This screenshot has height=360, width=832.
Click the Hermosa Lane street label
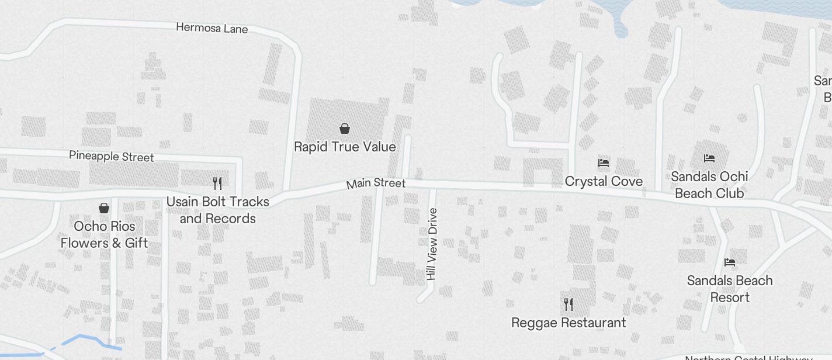click(x=212, y=28)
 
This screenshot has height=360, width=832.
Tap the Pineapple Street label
click(x=112, y=156)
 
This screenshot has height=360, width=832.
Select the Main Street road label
click(x=376, y=184)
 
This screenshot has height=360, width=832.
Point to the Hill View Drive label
click(x=432, y=244)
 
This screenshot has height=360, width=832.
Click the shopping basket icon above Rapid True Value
click(x=345, y=128)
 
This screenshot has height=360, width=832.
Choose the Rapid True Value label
click(x=345, y=147)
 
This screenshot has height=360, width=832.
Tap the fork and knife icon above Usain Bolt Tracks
click(x=217, y=184)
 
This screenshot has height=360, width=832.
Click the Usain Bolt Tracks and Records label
click(x=217, y=210)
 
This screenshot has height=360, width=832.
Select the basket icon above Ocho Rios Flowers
click(x=104, y=208)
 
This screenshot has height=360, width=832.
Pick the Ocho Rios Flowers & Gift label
click(x=104, y=234)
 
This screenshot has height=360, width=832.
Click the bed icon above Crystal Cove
click(x=604, y=163)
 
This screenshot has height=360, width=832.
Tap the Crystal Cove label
click(x=604, y=181)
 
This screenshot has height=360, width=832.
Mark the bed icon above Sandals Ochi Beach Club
click(x=709, y=158)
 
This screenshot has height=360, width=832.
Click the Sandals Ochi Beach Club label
click(x=709, y=185)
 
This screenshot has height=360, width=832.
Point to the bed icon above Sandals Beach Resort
click(x=730, y=262)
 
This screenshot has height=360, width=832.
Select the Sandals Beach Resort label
click(x=730, y=289)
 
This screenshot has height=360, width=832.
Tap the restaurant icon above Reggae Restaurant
click(x=568, y=304)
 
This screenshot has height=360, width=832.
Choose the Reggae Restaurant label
click(x=568, y=323)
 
